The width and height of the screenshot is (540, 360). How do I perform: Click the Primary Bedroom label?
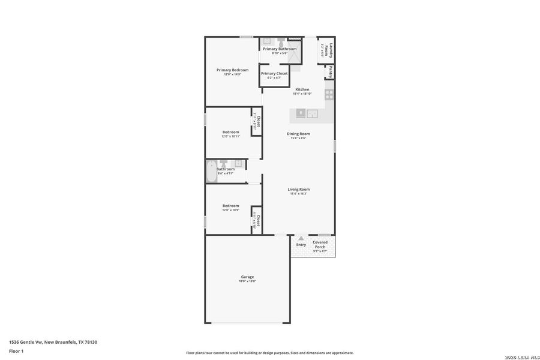(232, 70)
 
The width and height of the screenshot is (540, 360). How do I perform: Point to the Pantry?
(330, 72)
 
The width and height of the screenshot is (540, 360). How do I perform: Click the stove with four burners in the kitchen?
(329, 94)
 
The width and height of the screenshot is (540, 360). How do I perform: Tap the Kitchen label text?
(302, 89)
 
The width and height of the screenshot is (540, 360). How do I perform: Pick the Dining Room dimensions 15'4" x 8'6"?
(298, 138)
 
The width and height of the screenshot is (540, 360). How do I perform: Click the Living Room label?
(298, 190)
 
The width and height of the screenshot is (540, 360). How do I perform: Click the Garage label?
(248, 277)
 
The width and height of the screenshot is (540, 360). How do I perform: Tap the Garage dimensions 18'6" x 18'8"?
(248, 281)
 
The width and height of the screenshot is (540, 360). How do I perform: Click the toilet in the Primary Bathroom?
(281, 43)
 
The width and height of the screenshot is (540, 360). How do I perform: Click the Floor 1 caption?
(16, 350)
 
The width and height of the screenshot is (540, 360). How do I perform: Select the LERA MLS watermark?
(523, 357)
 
